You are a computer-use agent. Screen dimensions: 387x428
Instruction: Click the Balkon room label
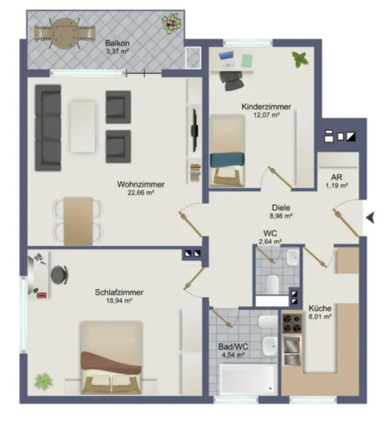pyautogui.click(x=117, y=43)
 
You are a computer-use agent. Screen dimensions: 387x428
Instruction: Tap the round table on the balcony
pyautogui.click(x=65, y=33)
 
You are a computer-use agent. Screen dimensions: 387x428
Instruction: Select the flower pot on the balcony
pyautogui.click(x=171, y=23)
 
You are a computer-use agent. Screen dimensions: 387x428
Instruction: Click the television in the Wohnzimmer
pyautogui.click(x=195, y=130)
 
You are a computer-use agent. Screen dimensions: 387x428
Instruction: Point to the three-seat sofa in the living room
pyautogui.click(x=48, y=128)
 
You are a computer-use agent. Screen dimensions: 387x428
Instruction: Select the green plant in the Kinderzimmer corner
pyautogui.click(x=300, y=59)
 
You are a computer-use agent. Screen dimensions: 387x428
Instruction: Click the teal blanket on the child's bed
pyautogui.click(x=227, y=159)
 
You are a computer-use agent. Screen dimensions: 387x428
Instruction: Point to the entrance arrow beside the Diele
pyautogui.click(x=370, y=218)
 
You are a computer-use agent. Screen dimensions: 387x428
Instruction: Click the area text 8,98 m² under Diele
pyautogui.click(x=281, y=216)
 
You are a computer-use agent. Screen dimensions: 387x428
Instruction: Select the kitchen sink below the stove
pyautogui.click(x=292, y=351)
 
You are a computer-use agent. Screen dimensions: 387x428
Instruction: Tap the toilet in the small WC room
pyautogui.click(x=272, y=284)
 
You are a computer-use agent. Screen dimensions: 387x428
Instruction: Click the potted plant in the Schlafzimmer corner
pyautogui.click(x=43, y=381)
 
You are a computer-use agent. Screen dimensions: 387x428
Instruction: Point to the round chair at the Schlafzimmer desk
pyautogui.click(x=59, y=274)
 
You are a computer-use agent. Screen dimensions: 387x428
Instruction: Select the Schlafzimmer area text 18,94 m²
pyautogui.click(x=119, y=301)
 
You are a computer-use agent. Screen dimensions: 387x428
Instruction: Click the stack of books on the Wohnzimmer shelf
pyautogui.click(x=195, y=173)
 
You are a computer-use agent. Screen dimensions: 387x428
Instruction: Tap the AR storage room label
pyautogui.click(x=336, y=177)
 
